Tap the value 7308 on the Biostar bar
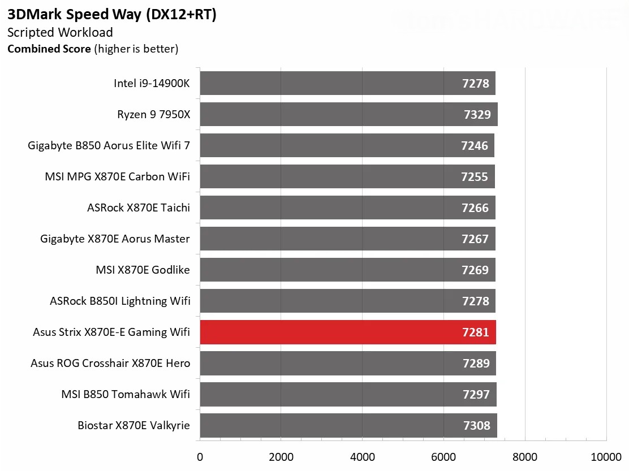(x=476, y=425)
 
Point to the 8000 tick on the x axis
(x=525, y=456)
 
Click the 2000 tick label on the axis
(x=281, y=456)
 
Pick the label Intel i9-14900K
(x=152, y=84)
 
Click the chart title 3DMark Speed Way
(x=111, y=15)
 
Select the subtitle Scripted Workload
(x=60, y=33)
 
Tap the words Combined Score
(x=49, y=49)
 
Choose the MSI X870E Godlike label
(x=143, y=270)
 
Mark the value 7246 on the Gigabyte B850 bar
(x=474, y=146)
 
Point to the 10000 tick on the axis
(x=606, y=456)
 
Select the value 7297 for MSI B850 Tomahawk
(x=476, y=394)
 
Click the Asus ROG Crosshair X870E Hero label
(x=110, y=363)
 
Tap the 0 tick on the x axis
(x=200, y=456)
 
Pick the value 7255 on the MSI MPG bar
(x=474, y=177)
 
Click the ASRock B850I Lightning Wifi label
(x=120, y=301)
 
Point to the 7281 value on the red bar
(x=475, y=332)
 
